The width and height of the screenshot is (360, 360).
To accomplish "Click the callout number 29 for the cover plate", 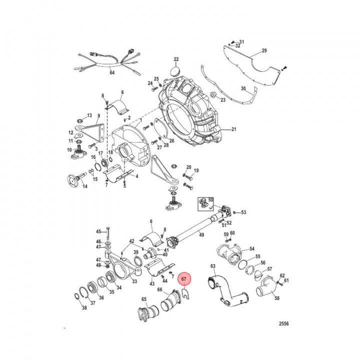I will [264, 51].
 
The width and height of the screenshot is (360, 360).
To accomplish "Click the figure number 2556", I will [283, 323].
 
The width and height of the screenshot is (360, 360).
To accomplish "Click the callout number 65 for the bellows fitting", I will [144, 299].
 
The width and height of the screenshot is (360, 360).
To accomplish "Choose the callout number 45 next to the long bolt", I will [98, 231].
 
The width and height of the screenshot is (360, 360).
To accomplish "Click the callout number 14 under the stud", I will [84, 186].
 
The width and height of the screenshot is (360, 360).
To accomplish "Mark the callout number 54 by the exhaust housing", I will [251, 248].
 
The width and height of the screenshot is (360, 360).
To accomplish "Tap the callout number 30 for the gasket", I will [243, 88].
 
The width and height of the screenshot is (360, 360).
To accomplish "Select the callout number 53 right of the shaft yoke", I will [243, 212].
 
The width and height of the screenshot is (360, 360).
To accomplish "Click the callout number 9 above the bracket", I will [98, 116].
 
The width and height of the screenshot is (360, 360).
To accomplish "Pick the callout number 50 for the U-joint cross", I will [210, 199].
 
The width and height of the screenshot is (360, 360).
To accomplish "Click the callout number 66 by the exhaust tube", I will [159, 289].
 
